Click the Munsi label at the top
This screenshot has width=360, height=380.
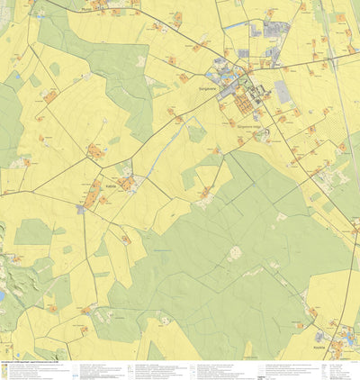click(86, 11)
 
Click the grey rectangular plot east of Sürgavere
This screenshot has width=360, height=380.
click(283, 91)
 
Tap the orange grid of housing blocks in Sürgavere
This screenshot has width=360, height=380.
click(245, 104)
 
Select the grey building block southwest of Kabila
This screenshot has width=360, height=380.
click(81, 209)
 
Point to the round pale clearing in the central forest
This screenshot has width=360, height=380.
click(236, 254)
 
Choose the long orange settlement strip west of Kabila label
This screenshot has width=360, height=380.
click(94, 192)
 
